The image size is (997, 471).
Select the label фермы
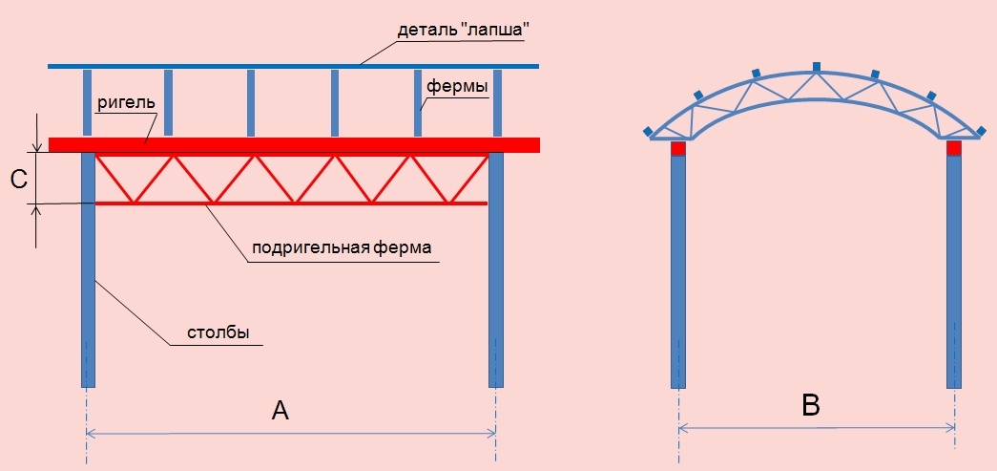[x=457, y=87]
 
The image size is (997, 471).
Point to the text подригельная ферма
[x=342, y=247]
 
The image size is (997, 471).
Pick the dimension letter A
[x=280, y=411]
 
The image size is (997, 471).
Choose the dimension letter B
[x=811, y=406]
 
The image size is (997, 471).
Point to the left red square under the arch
[x=678, y=148]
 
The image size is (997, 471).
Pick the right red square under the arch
[x=953, y=148]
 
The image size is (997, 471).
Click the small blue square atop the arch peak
[x=817, y=66]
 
